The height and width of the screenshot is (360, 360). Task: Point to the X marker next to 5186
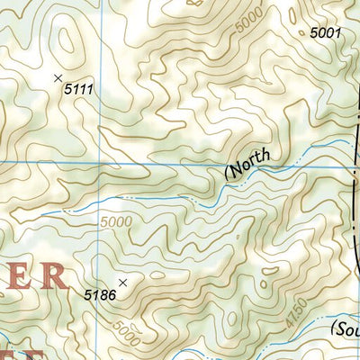point(122,283)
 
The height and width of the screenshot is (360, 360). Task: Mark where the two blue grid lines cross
point(99,162)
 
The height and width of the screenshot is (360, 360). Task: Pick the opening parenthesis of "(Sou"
point(334,326)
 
